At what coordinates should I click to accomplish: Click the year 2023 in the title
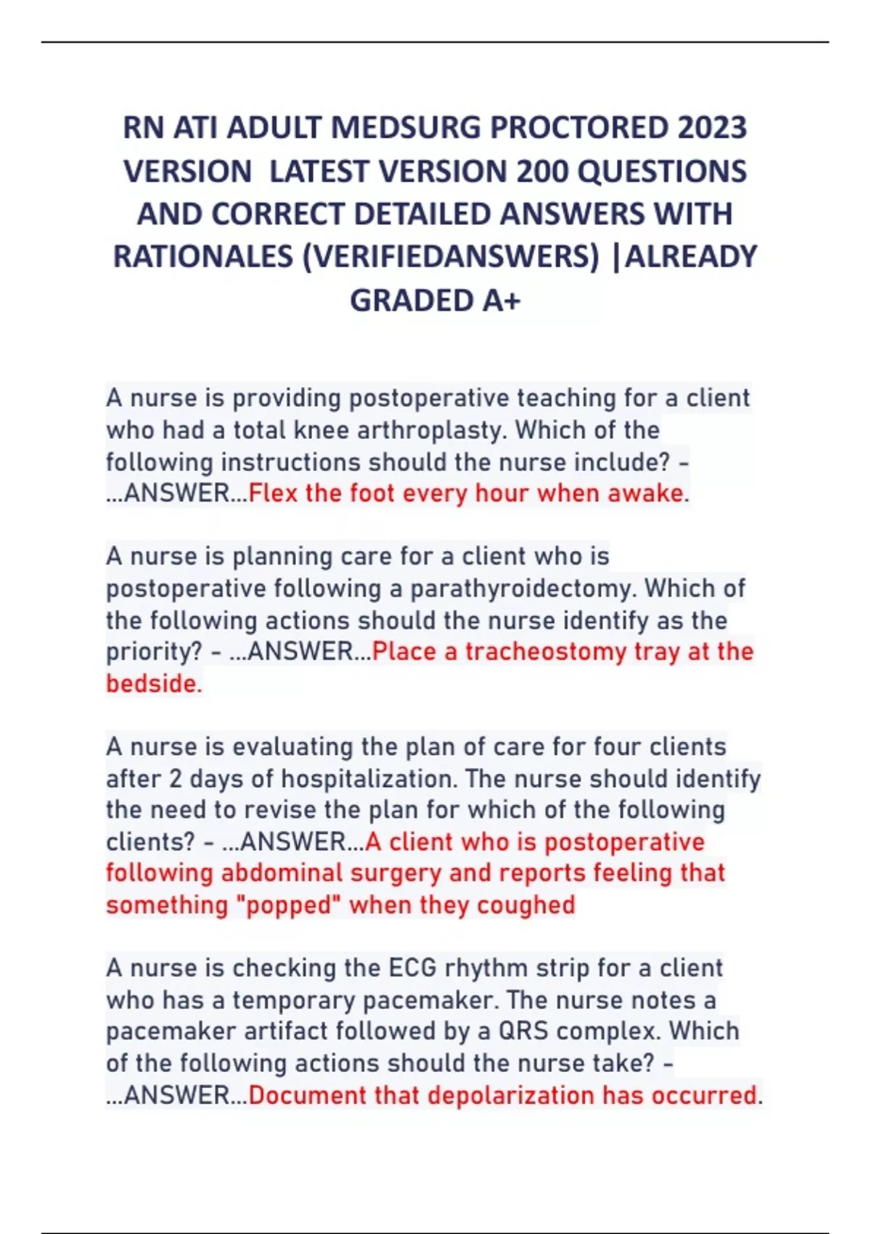(x=712, y=128)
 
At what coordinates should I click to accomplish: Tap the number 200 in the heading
(x=543, y=172)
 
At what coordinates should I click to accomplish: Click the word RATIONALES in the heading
(x=203, y=257)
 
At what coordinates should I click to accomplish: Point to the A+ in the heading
(x=501, y=301)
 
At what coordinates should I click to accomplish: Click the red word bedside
(x=153, y=684)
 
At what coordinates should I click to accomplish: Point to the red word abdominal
(x=282, y=873)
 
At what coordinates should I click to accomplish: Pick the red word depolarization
(x=510, y=1095)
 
